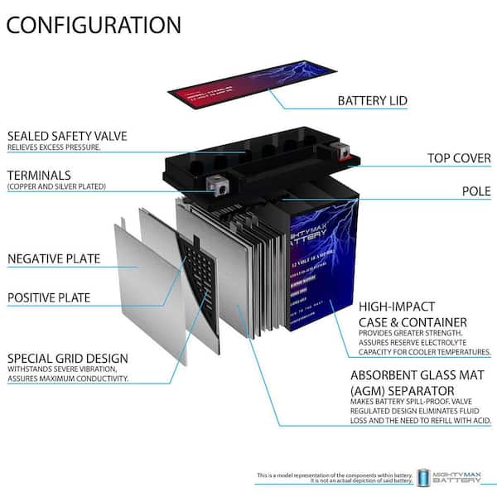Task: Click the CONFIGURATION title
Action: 94,25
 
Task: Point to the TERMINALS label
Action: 39,175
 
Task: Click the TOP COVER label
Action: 459,157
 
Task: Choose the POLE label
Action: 475,191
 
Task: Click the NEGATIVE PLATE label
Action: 54,258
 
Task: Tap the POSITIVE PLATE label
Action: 49,297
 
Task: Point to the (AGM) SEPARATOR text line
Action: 402,389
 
